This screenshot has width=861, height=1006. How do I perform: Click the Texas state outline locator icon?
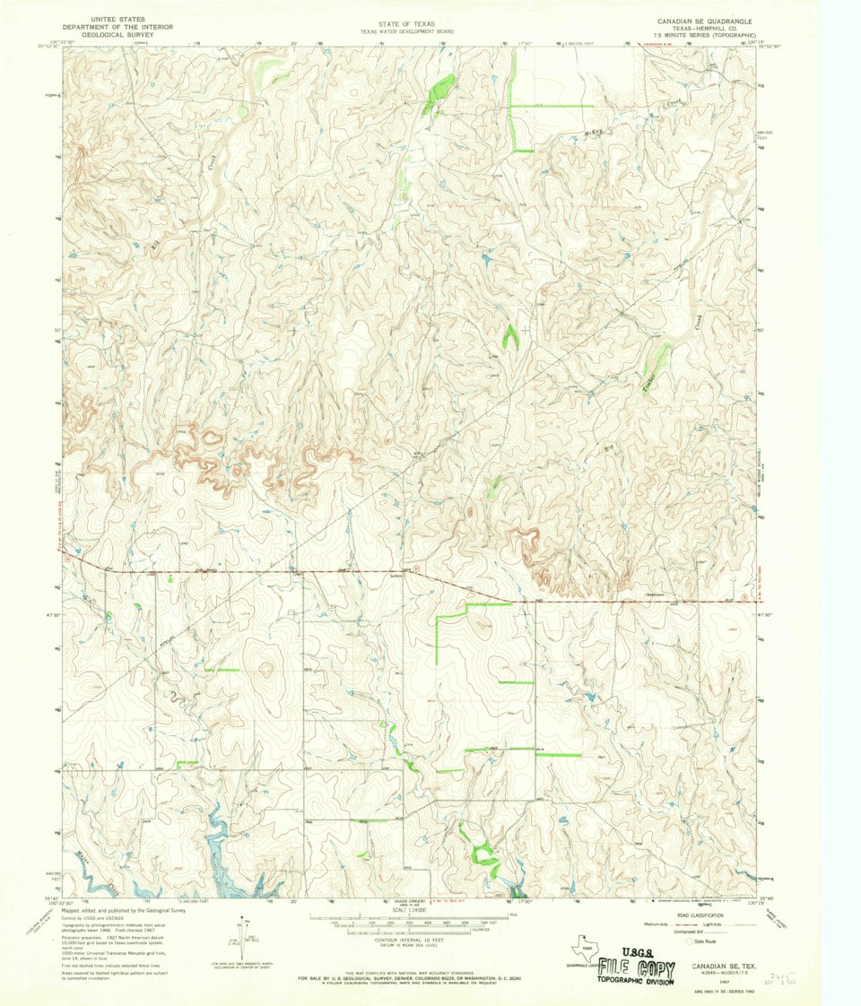tap(586, 948)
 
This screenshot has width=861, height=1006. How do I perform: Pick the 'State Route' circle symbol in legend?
tap(689, 942)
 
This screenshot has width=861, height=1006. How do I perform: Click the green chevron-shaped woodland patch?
tap(510, 337)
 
